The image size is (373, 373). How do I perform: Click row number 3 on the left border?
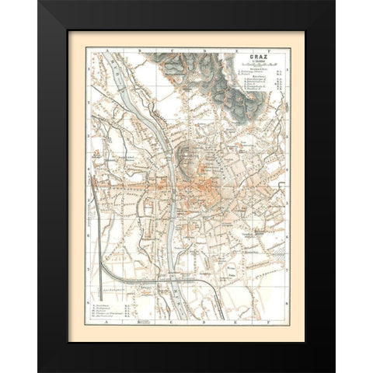click(90, 133)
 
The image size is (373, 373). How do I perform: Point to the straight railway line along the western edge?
click(96, 225)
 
